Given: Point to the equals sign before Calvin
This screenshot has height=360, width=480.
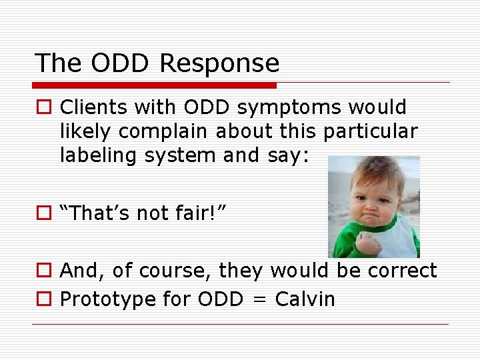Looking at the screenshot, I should coord(259,300).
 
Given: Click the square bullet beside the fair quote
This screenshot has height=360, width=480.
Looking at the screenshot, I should coord(43,213).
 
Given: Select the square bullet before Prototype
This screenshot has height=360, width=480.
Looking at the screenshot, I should coord(43,300).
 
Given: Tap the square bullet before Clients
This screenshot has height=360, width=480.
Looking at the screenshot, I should coord(43,108).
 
